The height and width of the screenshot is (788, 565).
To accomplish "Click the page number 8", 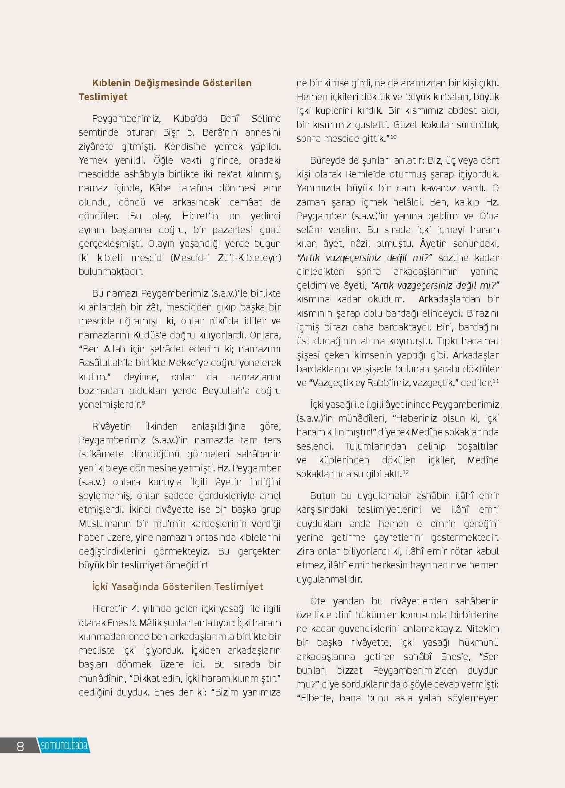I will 20,746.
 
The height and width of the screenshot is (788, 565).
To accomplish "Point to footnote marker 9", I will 144,402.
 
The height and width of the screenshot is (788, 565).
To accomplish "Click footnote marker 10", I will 393,137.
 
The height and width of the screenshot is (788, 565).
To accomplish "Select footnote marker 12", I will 406,472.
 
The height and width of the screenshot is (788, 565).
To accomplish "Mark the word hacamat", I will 480,341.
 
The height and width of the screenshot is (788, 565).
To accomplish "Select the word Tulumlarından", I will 375,446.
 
